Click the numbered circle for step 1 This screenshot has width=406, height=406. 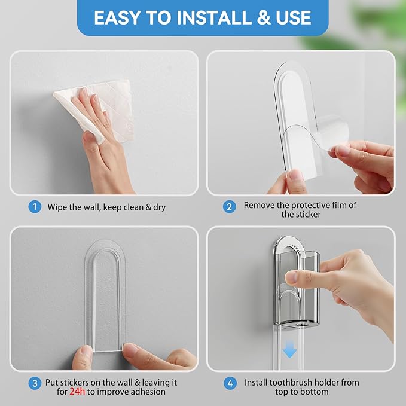point(35,207)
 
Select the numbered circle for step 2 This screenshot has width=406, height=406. point(228,207)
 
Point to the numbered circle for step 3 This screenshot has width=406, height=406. point(35,382)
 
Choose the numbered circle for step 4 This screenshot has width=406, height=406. point(228,382)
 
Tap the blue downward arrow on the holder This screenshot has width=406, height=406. point(289,350)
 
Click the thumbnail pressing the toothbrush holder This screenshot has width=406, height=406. point(291,277)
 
